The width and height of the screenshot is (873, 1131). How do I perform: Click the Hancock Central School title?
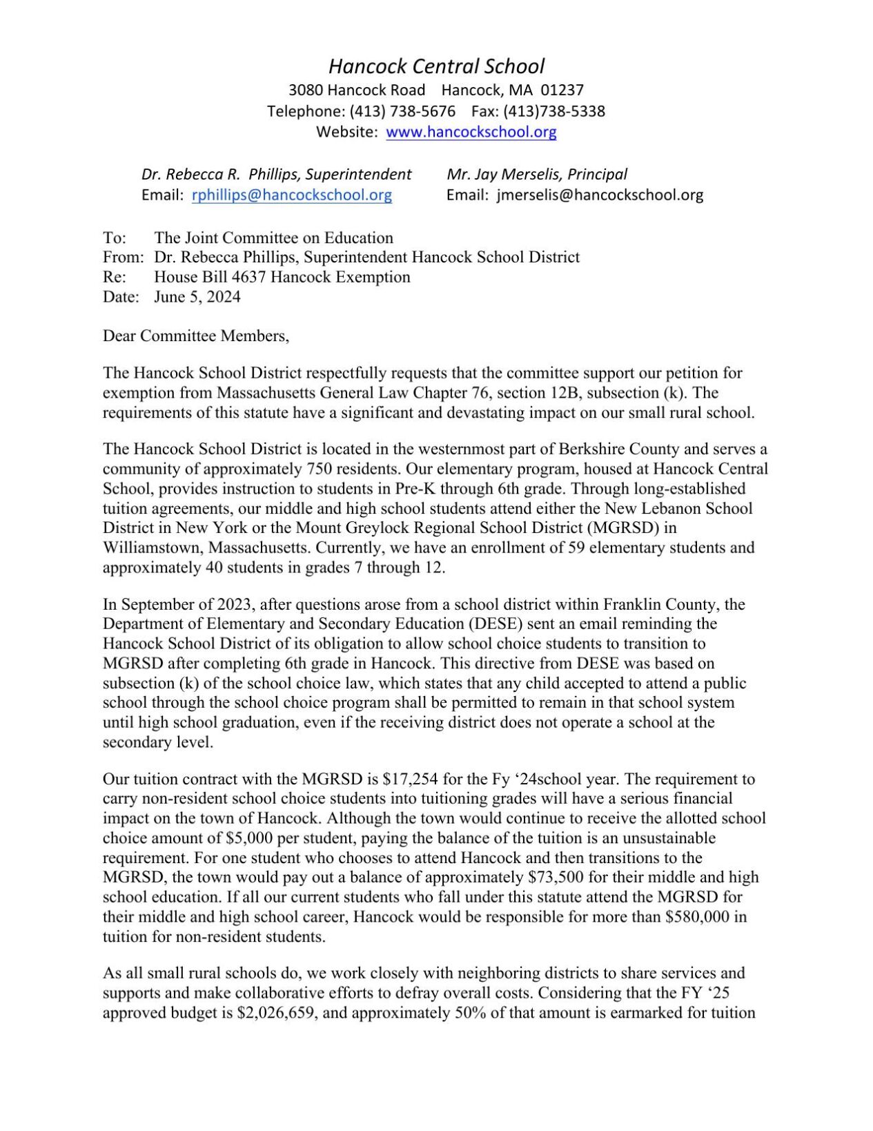436,66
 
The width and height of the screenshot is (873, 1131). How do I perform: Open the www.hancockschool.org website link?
471,132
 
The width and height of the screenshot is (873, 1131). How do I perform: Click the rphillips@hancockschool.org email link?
292,195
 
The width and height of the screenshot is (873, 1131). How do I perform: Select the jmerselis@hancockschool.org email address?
600,195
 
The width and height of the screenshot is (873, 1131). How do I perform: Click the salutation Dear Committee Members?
196,336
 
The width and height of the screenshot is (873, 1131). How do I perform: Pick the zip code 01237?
562,90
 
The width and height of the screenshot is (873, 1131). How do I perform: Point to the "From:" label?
123,258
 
